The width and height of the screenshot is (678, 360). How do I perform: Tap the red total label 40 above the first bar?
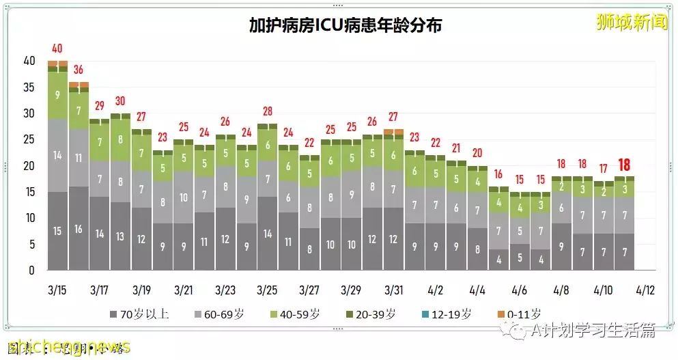57,49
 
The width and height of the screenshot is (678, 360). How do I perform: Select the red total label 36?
79,70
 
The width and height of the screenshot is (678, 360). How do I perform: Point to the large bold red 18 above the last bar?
624,165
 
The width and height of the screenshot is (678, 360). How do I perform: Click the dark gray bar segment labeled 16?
79,229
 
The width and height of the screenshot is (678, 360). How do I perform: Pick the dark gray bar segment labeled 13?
121,236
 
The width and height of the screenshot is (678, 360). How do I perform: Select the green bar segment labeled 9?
57,95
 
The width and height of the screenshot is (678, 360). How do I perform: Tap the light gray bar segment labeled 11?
79,158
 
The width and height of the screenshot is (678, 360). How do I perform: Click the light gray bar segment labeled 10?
184,197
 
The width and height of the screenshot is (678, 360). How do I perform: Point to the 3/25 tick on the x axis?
268,290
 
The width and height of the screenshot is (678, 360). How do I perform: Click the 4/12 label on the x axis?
645,290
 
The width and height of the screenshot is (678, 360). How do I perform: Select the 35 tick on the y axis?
29,87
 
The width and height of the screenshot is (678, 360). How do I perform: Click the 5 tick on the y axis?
31,245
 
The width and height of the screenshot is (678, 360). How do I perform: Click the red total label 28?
268,111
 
